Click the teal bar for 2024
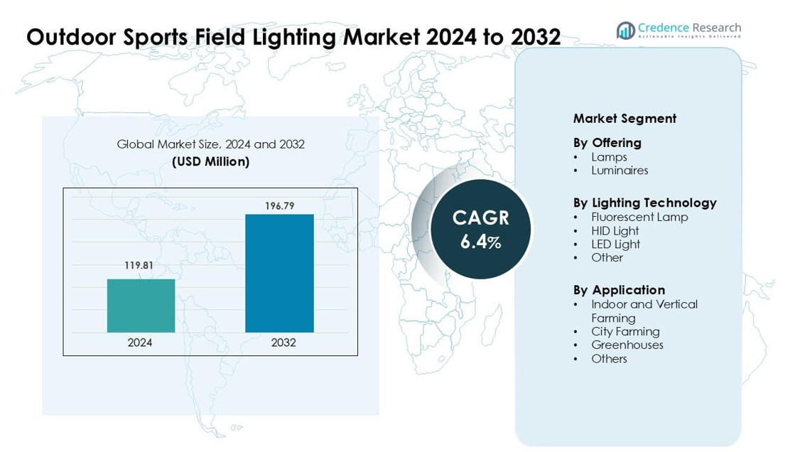coord(141,306)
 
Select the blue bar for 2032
coord(279,273)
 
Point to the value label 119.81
coord(139,266)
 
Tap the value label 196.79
coord(279,206)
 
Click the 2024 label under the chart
coord(140,343)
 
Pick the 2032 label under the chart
coord(283,343)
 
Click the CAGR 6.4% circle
coord(481,229)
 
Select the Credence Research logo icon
coord(625,31)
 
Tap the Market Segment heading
coord(624,119)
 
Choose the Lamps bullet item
coord(609,157)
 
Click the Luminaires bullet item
coord(619,171)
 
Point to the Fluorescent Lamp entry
coord(639,217)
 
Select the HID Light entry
coord(615,231)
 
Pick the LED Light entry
coord(615,244)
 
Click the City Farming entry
coord(625,332)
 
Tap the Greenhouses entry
coord(627,345)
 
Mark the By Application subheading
coord(619,290)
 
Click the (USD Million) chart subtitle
coord(210,162)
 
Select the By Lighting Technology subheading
coord(644,203)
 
